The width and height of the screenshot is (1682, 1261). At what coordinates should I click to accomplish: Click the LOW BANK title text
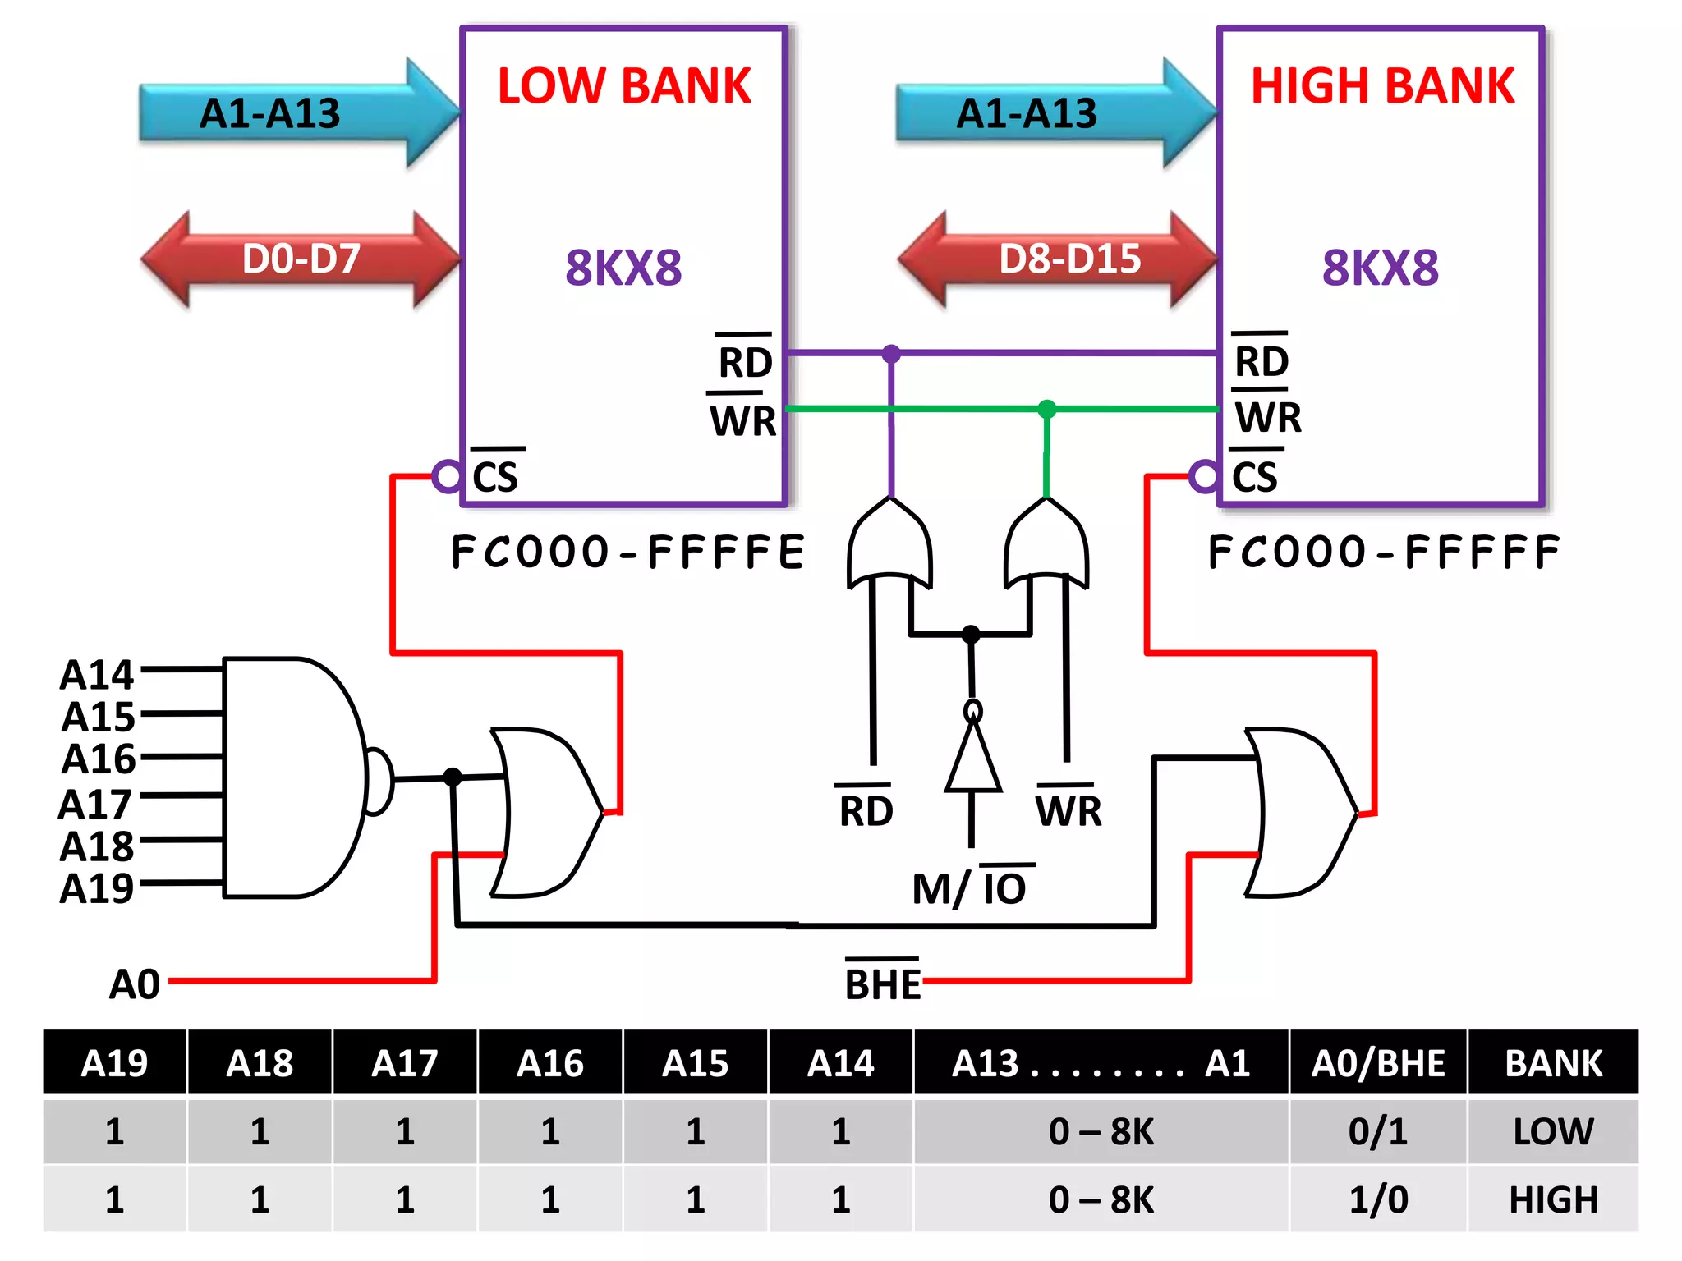point(624,86)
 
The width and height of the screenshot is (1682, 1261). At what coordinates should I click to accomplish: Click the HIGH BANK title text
point(1382,86)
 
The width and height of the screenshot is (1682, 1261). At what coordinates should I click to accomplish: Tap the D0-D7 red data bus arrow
point(301,259)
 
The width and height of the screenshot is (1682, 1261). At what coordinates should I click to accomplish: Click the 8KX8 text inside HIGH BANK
point(1380,268)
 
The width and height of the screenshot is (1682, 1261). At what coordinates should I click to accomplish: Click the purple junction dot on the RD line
point(891,354)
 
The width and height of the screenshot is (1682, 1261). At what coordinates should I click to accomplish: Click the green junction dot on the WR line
point(1046,409)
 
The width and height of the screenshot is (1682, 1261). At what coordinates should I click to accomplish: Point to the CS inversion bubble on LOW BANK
point(447,475)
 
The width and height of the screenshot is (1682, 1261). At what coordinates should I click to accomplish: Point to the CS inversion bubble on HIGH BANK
point(1204,475)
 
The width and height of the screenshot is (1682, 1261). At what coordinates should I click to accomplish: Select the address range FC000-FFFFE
point(628,552)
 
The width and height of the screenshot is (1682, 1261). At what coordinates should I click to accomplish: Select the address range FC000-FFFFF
point(1384,552)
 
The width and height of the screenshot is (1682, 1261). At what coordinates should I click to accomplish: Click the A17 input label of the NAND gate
point(96,804)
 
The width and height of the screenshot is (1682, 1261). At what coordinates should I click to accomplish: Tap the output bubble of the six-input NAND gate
point(379,780)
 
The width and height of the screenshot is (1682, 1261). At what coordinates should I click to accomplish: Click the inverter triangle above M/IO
point(973,759)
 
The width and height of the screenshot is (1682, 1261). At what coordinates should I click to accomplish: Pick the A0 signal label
point(135,984)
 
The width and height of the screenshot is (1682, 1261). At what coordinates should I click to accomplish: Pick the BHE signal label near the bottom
point(883,984)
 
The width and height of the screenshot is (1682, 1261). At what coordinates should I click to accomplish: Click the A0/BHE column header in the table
point(1377,1063)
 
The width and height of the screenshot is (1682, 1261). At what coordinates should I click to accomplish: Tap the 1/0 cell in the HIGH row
point(1377,1200)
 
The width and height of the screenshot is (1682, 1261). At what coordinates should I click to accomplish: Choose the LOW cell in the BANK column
point(1552,1131)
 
